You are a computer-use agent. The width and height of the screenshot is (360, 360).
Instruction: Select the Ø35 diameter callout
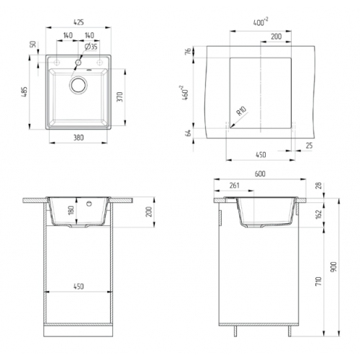tap(91, 46)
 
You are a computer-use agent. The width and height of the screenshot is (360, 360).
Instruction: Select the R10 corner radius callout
tap(241, 112)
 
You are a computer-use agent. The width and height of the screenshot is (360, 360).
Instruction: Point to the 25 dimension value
tap(308, 146)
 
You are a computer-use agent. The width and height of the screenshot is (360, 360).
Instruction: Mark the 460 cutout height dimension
tap(186, 92)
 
